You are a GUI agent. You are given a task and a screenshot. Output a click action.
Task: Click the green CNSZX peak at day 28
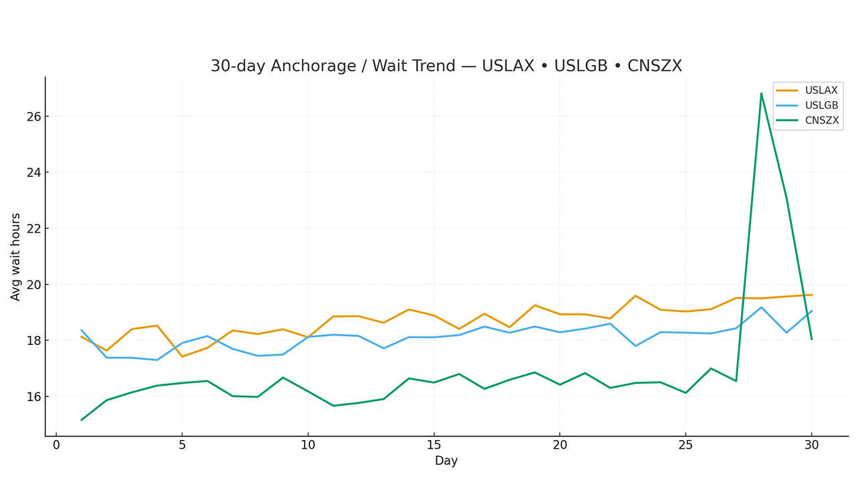coord(761,93)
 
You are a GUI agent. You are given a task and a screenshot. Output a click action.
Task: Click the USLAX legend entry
coord(821,91)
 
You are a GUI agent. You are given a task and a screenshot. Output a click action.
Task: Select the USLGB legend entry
coord(821,105)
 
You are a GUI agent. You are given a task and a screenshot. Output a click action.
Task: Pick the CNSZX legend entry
coord(821,121)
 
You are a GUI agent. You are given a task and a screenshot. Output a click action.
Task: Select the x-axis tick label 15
coord(434,445)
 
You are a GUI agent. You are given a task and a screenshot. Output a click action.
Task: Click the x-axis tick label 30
coord(811,445)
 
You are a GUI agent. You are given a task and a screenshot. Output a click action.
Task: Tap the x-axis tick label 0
coord(56,445)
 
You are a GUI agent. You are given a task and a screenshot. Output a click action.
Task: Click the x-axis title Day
coord(446,461)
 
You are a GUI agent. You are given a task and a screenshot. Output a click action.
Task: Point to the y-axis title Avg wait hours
coord(16,256)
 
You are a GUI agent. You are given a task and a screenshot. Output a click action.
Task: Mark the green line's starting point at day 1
coord(81,420)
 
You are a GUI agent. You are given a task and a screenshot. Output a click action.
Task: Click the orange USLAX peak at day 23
coord(636,296)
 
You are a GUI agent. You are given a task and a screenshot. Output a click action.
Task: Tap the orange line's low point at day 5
coord(182,356)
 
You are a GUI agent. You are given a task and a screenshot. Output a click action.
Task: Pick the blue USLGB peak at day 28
coord(761,307)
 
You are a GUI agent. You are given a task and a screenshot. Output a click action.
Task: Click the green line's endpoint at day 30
coord(811,339)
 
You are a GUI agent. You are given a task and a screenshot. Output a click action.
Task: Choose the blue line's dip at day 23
coord(636,345)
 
